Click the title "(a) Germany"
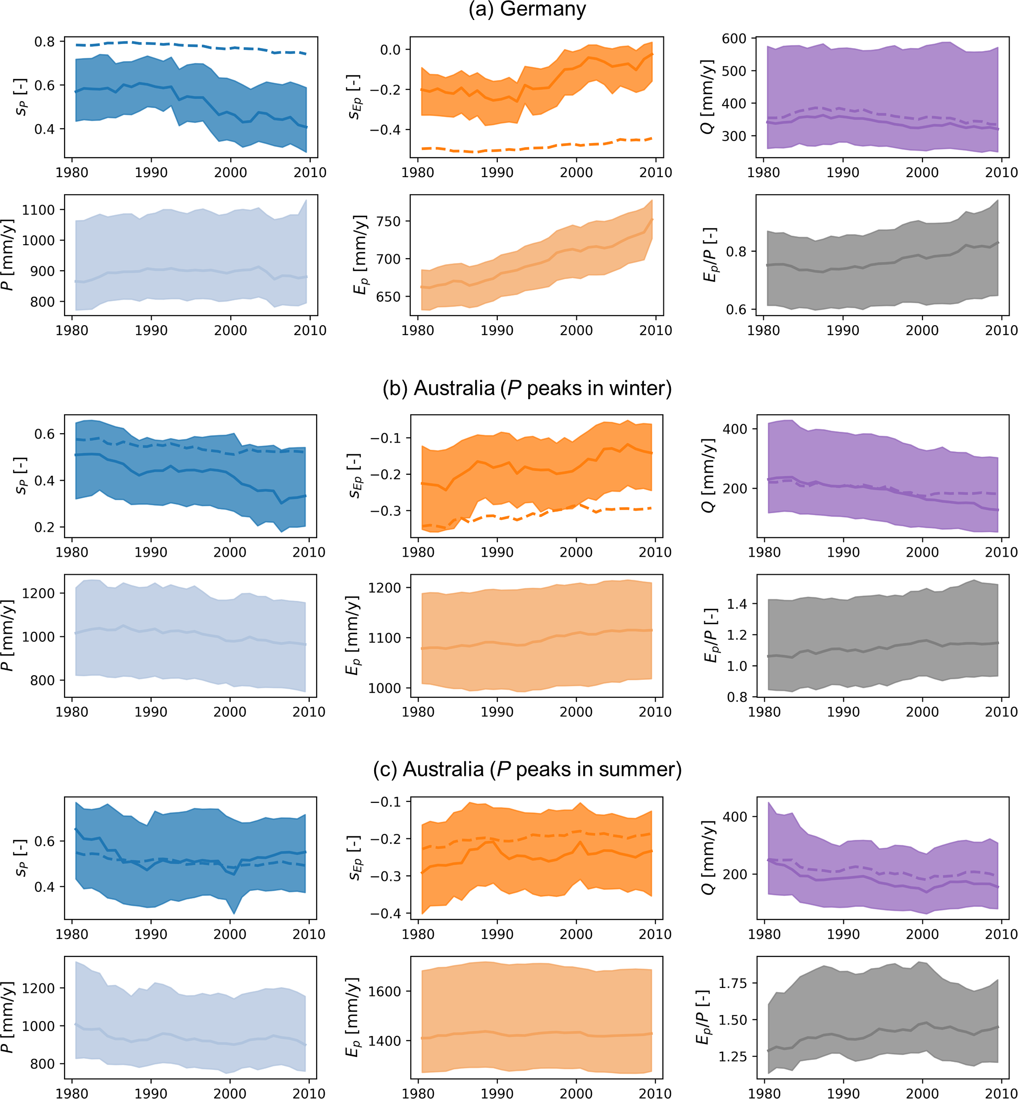(x=527, y=10)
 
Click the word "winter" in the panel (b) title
(x=639, y=388)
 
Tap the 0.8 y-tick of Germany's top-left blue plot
(x=45, y=42)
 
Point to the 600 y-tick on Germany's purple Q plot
(x=734, y=39)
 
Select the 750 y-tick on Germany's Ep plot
(x=388, y=222)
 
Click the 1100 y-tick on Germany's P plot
(x=39, y=210)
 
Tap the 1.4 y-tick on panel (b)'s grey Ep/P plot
(x=737, y=604)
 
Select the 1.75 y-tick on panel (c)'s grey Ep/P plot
(x=733, y=983)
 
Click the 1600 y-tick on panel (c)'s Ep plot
(x=385, y=991)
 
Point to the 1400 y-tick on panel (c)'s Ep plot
(x=385, y=1041)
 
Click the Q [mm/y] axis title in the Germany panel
(x=708, y=97)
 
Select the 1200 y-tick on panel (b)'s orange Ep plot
(x=385, y=588)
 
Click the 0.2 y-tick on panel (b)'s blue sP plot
(x=45, y=527)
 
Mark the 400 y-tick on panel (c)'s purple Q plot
(x=735, y=817)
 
